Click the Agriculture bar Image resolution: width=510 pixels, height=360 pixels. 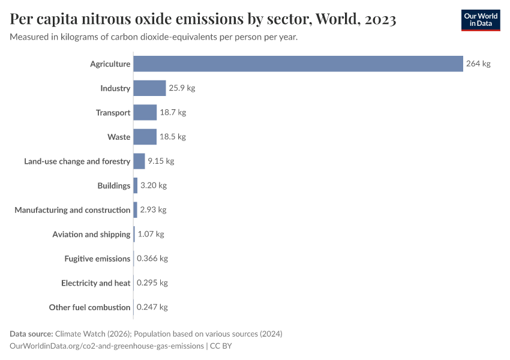(x=298, y=64)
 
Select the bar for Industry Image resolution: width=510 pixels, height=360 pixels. (x=149, y=88)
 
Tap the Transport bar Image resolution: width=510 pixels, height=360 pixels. (x=145, y=112)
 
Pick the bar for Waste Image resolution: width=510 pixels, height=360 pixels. (x=145, y=137)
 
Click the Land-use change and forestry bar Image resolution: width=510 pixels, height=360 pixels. (x=139, y=161)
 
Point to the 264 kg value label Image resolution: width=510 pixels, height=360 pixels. (x=478, y=64)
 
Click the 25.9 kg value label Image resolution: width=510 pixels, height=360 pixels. (x=182, y=88)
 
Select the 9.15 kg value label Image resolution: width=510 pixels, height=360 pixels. (x=161, y=161)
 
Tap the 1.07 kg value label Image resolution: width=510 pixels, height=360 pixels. (x=151, y=234)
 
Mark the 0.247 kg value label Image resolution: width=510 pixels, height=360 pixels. (x=152, y=307)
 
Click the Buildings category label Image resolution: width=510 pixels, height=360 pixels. (x=114, y=185)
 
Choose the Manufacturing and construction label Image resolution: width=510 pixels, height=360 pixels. (x=73, y=210)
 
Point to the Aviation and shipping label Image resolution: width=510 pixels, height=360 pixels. (x=91, y=234)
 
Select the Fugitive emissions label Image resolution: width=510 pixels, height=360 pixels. (x=97, y=259)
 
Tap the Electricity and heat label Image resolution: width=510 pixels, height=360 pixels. (x=96, y=283)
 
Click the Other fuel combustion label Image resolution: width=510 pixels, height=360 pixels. (x=89, y=307)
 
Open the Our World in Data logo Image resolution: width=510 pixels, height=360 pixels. (x=480, y=20)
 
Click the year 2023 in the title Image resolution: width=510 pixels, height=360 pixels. (x=379, y=19)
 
